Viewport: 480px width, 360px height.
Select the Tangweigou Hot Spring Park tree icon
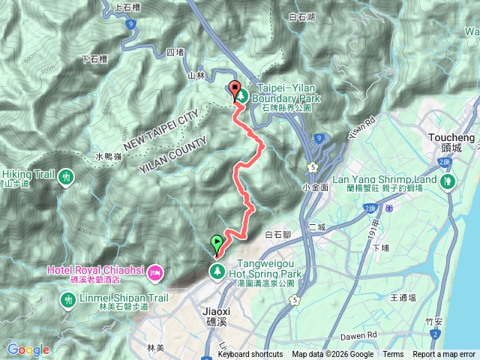point(216,269)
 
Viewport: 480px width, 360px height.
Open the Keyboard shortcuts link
point(250,355)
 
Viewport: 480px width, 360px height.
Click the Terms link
point(393,355)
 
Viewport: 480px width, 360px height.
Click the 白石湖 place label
point(302,16)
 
